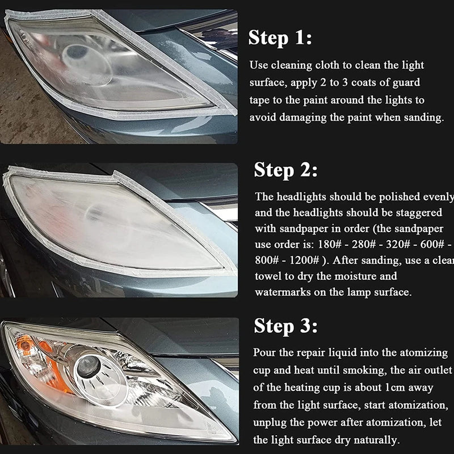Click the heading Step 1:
point(280,39)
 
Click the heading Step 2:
point(285,170)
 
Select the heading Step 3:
point(285,326)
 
